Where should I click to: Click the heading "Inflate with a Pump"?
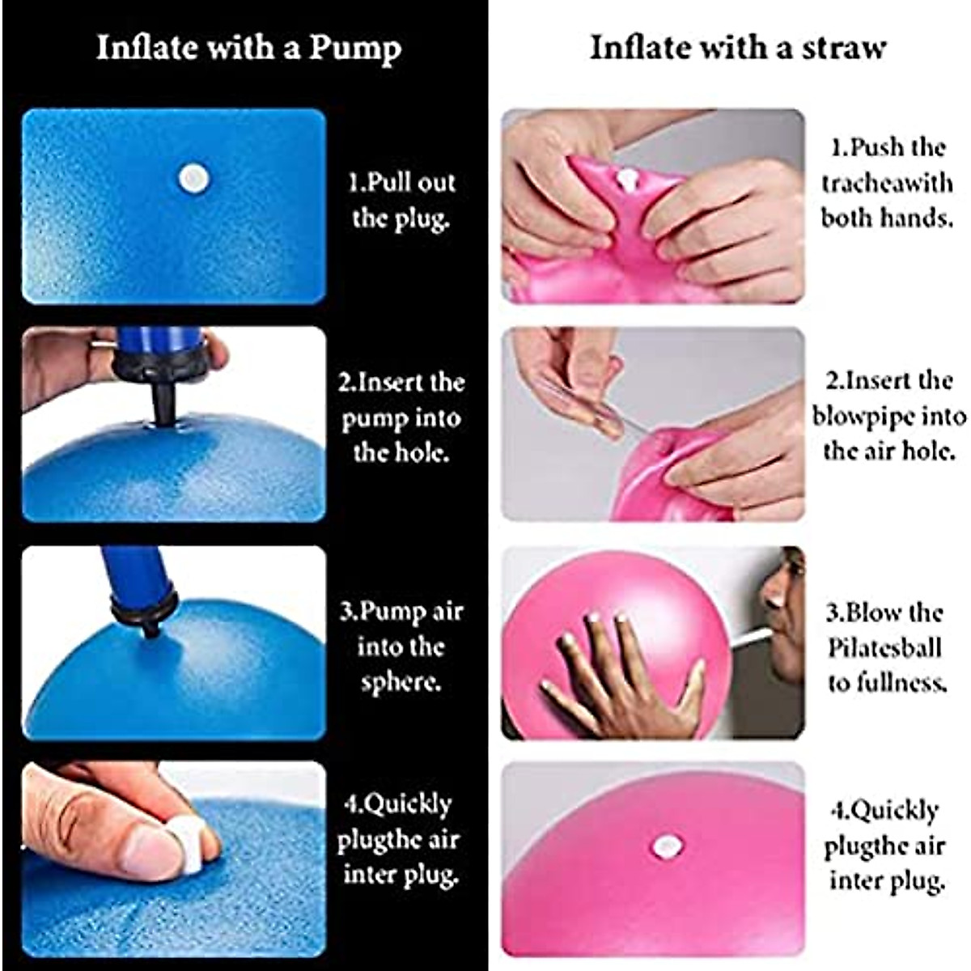[x=248, y=48]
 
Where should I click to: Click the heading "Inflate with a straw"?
[x=737, y=48]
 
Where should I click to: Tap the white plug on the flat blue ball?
[x=193, y=179]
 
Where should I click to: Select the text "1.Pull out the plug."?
[x=401, y=200]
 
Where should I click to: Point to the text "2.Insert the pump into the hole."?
[x=401, y=417]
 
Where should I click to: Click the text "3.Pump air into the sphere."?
[x=401, y=646]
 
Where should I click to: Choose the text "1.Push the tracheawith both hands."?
[x=887, y=183]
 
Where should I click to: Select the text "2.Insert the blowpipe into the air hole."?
[x=888, y=416]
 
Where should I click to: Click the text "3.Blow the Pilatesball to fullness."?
[x=885, y=647]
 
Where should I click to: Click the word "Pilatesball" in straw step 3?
[x=884, y=648]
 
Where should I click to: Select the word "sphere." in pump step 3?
[x=401, y=681]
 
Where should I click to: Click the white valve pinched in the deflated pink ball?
[x=625, y=178]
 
